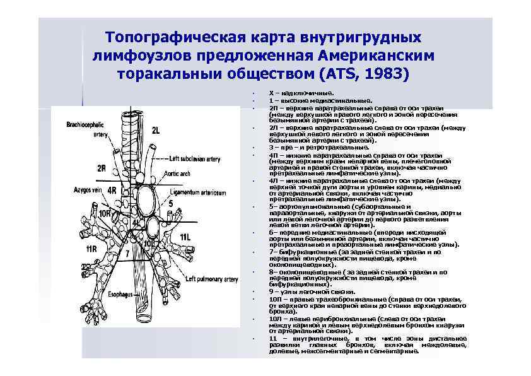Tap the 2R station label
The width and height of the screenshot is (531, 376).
[102, 168]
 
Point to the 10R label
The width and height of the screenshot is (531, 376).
[105, 214]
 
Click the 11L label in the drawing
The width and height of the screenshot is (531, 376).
[185, 237]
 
